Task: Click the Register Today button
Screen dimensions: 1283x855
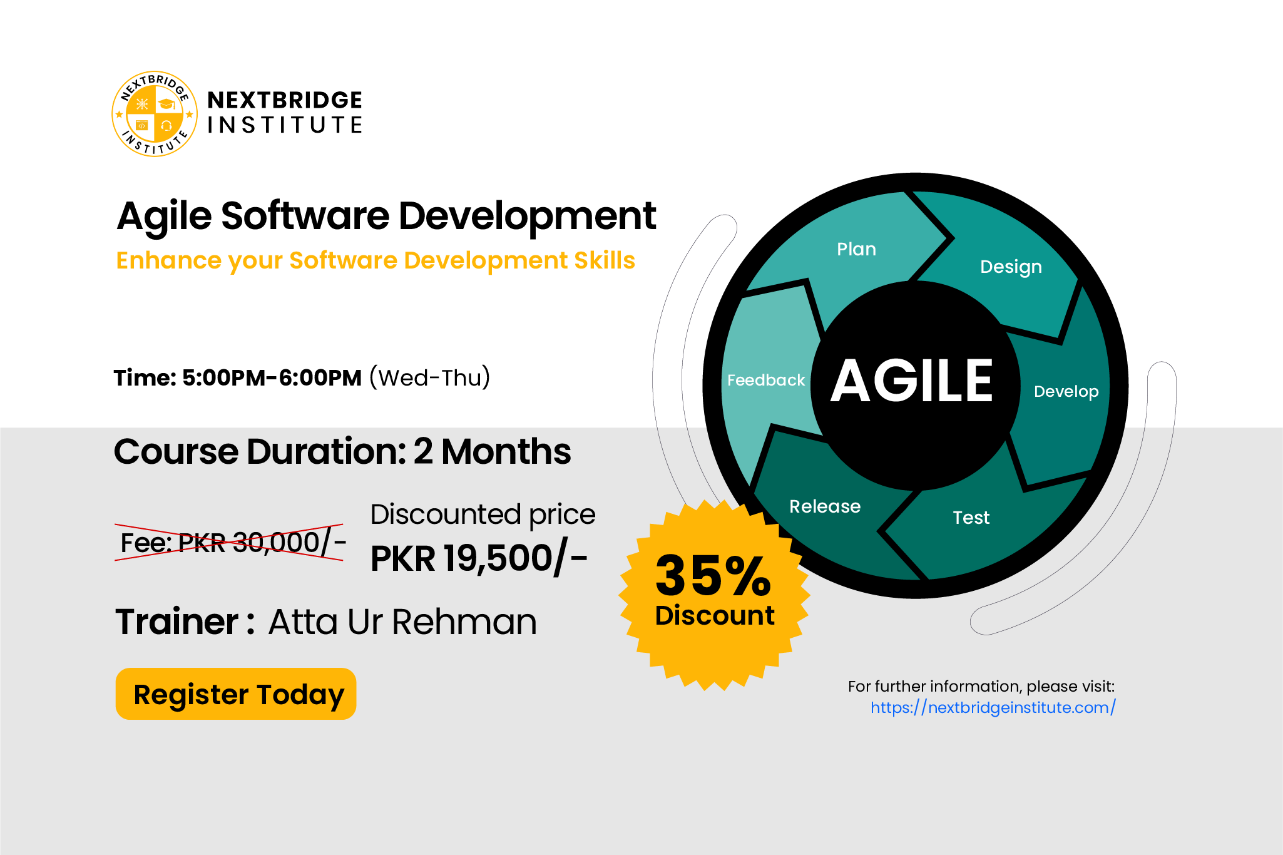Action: [x=236, y=694]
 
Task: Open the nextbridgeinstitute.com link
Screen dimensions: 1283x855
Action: [x=993, y=708]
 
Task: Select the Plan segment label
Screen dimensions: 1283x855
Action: [x=856, y=249]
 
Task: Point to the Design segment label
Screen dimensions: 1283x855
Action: [x=1011, y=267]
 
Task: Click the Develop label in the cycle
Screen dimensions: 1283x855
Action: [x=1066, y=392]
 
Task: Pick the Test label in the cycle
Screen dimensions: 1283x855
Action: [x=971, y=518]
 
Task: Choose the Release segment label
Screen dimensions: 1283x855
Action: [x=825, y=506]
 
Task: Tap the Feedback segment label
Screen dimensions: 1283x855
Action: [x=766, y=380]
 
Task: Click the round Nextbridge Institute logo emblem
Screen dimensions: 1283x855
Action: [x=155, y=114]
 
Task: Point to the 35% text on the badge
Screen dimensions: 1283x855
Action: [x=713, y=575]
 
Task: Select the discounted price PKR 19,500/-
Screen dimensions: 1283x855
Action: [x=479, y=558]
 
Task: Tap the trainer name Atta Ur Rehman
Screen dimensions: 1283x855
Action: [x=402, y=622]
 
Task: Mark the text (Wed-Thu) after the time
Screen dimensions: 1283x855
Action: [x=429, y=377]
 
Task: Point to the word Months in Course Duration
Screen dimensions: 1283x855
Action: [x=506, y=451]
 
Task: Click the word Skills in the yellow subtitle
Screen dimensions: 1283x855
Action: [x=605, y=260]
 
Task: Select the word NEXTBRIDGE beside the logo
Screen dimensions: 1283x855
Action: [x=285, y=100]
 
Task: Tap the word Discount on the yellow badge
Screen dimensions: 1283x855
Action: [x=715, y=615]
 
